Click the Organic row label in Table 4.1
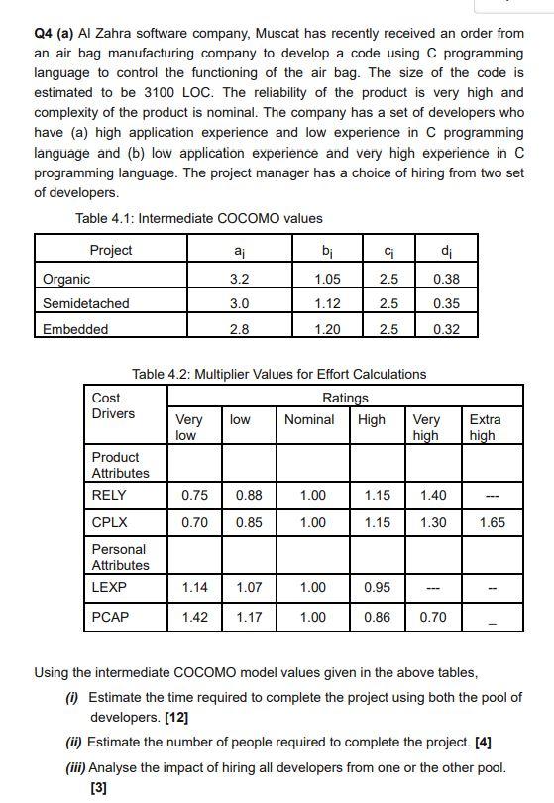click(66, 280)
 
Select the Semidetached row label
click(86, 303)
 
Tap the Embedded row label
click(75, 329)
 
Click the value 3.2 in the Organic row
click(240, 280)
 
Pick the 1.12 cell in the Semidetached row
click(326, 303)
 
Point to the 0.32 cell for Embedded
click(446, 329)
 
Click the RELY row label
click(109, 495)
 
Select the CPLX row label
click(109, 522)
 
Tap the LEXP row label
click(109, 588)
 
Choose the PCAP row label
click(110, 617)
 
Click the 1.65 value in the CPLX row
click(492, 522)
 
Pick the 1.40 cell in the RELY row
click(433, 495)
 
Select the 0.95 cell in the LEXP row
click(378, 588)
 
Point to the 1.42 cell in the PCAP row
click(195, 617)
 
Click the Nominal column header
click(309, 419)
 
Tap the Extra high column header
click(485, 427)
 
